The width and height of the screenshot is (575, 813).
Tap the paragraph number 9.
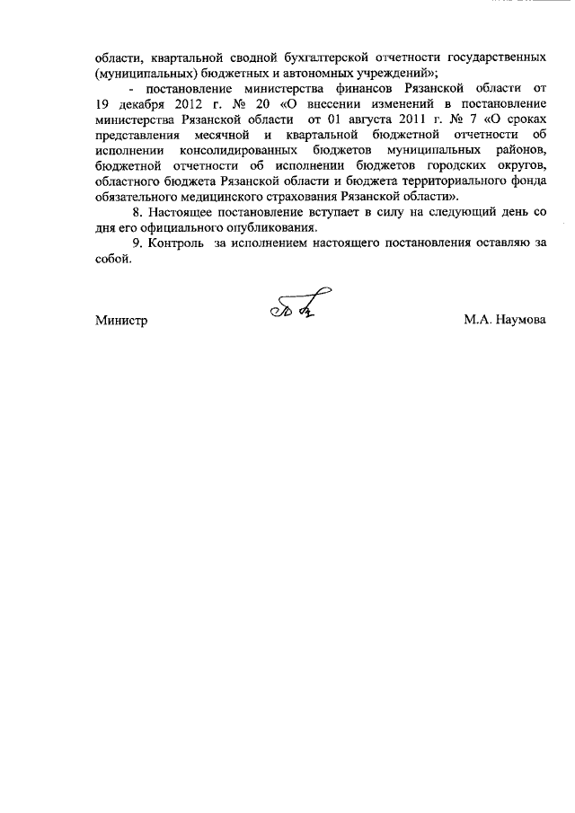tap(137, 245)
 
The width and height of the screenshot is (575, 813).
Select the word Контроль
tap(173, 245)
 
